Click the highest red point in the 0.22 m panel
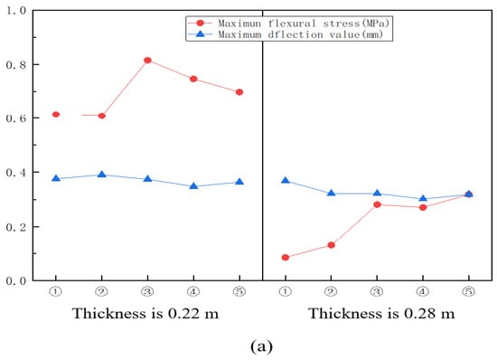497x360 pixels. pos(147,61)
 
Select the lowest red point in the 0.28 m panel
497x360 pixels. pos(286,258)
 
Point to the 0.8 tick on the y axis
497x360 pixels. pos(34,64)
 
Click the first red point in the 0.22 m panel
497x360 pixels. pos(56,115)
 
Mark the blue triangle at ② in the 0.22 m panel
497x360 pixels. pos(101,175)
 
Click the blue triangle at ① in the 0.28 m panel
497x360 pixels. pos(286,181)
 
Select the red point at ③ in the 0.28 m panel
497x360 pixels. pos(377,204)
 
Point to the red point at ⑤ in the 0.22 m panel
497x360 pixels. pos(239,92)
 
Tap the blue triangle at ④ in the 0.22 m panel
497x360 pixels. pos(193,186)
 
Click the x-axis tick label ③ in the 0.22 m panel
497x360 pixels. pos(147,292)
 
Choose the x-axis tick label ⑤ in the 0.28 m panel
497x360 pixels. pos(469,292)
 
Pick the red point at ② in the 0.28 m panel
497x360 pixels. pos(332,245)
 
